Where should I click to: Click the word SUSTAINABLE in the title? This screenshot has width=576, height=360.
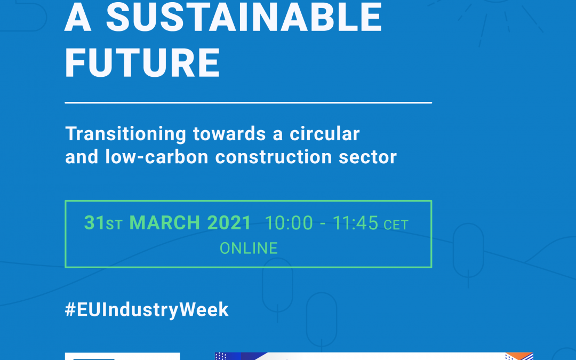pos(244,17)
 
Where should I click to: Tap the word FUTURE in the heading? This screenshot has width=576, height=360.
pos(142,63)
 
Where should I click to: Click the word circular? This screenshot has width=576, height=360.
pos(324,134)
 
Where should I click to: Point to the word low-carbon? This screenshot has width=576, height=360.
pos(157,157)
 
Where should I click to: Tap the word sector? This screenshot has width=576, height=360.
pos(367,157)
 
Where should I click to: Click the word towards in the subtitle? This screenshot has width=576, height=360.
pos(229,134)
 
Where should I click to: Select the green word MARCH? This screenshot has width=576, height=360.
pos(165,222)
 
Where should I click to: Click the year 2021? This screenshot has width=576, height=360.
pos(229,222)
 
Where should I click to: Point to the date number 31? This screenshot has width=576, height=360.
pos(94,222)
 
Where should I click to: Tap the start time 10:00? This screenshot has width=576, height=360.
pos(289,223)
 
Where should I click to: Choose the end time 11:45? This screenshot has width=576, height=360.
pos(355,223)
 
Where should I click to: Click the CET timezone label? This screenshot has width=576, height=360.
pos(396,225)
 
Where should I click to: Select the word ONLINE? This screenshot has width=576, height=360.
pos(249,249)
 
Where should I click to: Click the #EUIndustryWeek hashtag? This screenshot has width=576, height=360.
pos(147,310)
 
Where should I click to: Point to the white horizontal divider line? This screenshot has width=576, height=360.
pos(249,102)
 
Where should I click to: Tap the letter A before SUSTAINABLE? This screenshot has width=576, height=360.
pos(78,17)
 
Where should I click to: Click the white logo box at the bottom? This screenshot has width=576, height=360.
pos(122,356)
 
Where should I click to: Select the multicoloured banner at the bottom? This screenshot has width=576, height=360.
pos(374,356)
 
